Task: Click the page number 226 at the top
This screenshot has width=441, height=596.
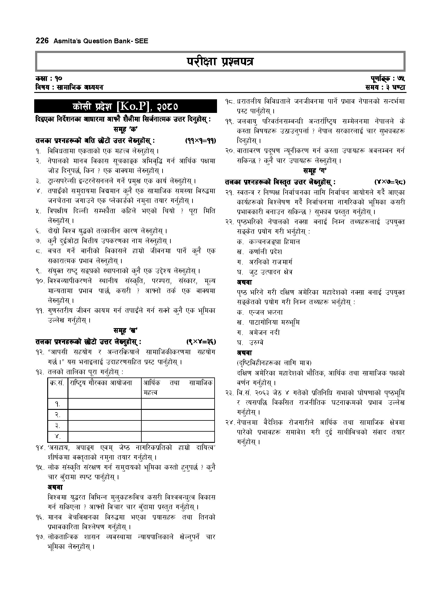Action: (x=42, y=41)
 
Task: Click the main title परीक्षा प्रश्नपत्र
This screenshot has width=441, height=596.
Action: (x=220, y=62)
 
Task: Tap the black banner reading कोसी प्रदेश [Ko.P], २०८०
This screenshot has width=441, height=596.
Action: (x=125, y=106)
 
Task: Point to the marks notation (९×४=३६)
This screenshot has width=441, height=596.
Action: (x=201, y=342)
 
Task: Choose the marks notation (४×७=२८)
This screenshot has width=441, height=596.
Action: (x=390, y=182)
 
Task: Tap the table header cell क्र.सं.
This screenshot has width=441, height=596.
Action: (x=57, y=383)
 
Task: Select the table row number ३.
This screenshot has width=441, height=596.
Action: (x=57, y=426)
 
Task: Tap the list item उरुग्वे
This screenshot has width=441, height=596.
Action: (x=256, y=342)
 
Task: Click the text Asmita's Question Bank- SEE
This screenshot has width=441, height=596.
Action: (x=101, y=41)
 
